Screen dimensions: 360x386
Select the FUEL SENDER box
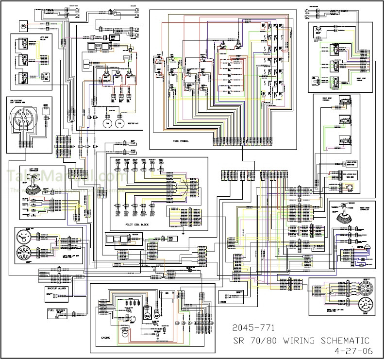point(56,309)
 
